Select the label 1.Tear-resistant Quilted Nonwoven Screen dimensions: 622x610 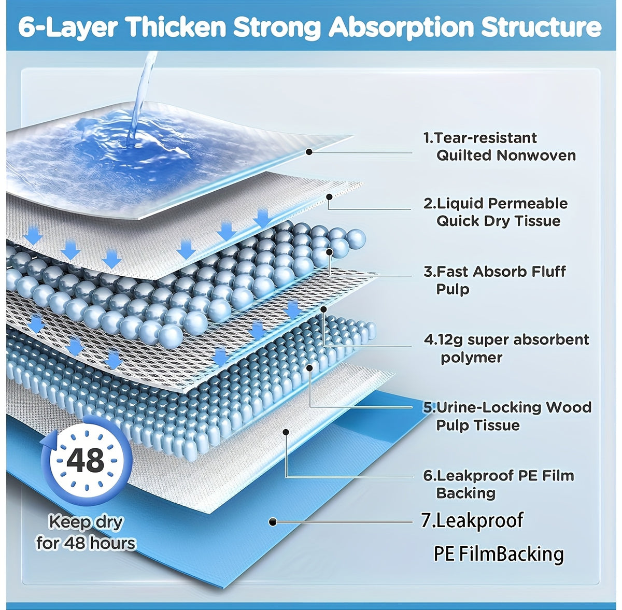499,147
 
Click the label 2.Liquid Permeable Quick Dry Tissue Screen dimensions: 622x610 496,212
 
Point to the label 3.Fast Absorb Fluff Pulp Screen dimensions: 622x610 494,280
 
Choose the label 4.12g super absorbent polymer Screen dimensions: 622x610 506,348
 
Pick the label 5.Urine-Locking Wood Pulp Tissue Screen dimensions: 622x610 507,416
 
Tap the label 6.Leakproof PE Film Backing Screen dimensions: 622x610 499,484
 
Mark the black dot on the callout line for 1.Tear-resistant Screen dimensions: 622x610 309,152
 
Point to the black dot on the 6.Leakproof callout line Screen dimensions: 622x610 286,432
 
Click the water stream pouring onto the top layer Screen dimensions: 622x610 142,97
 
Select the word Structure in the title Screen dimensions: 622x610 541,27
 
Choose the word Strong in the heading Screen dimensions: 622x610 277,28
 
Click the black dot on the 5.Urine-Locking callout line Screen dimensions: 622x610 309,368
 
